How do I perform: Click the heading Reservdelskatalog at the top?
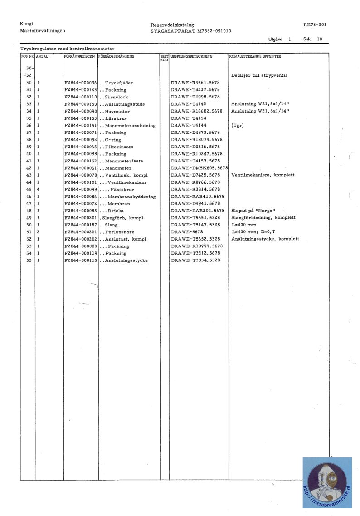(172, 25)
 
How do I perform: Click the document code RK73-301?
(315, 25)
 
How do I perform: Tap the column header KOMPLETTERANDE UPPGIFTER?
(255, 57)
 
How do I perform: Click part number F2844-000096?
(81, 83)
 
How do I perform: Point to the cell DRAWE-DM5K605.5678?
(199, 168)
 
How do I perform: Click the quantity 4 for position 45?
(38, 189)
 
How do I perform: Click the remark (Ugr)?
(237, 126)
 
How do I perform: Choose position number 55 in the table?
(29, 260)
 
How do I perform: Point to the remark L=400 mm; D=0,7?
(253, 232)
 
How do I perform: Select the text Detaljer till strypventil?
(259, 75)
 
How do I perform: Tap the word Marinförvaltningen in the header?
(43, 31)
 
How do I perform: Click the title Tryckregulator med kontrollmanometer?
(67, 49)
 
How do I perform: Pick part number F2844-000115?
(81, 260)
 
